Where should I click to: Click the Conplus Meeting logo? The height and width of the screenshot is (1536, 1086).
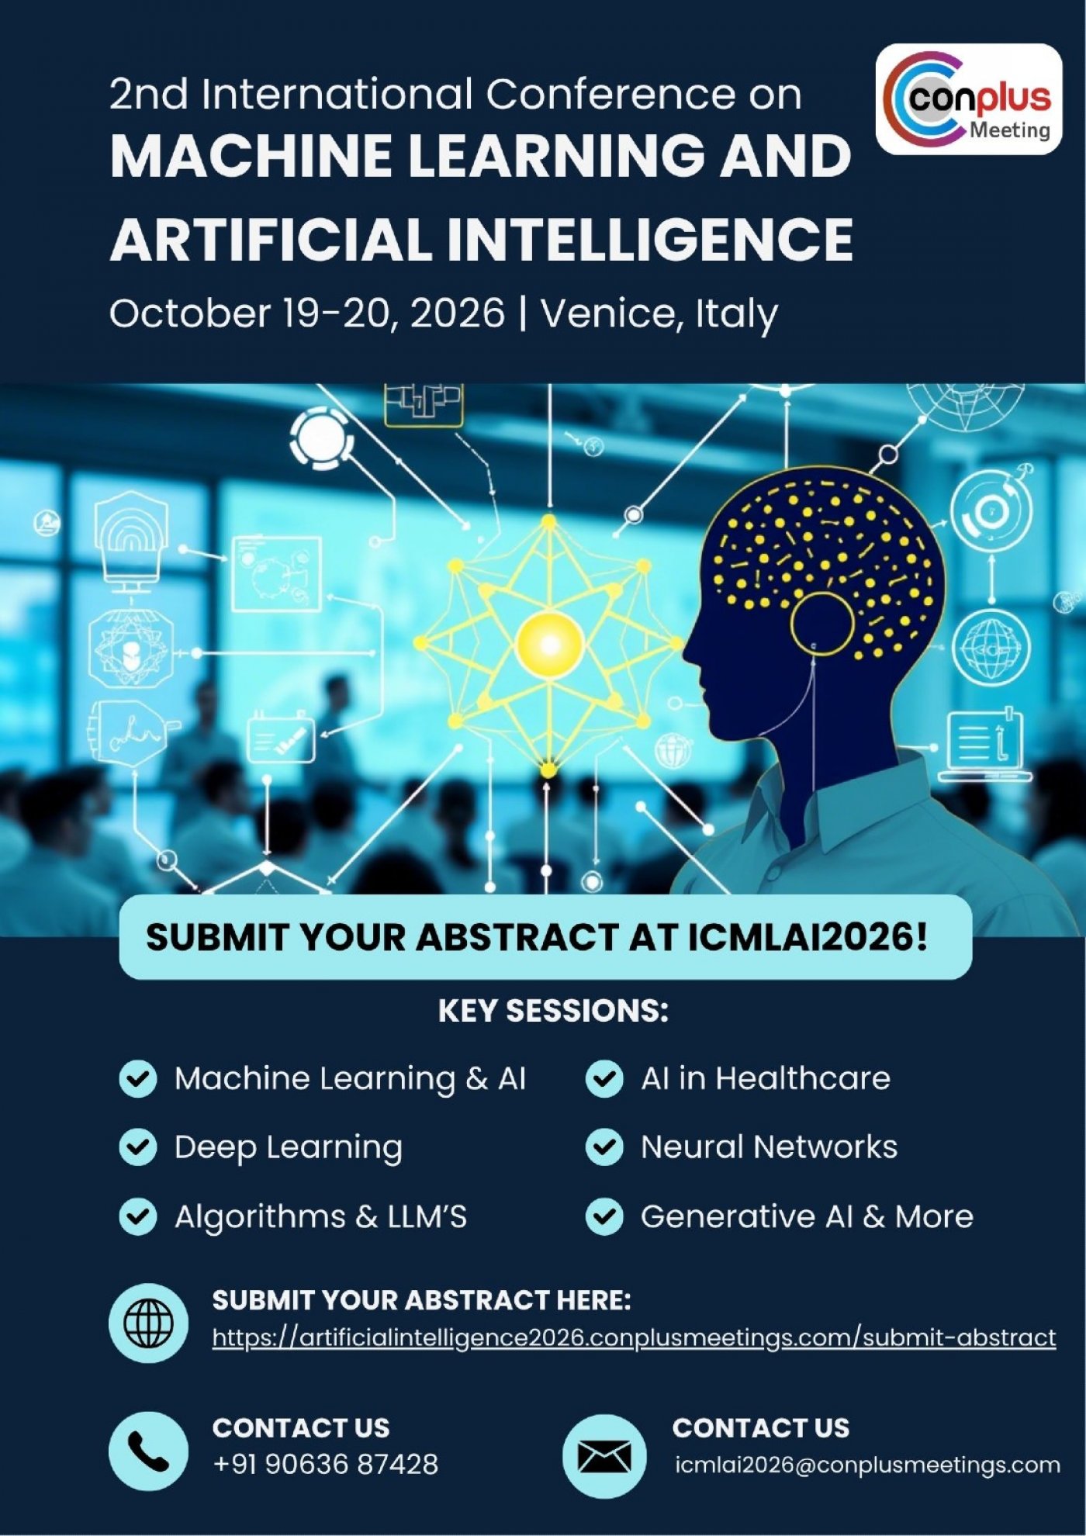969,99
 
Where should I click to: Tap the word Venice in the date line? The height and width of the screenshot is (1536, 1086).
608,313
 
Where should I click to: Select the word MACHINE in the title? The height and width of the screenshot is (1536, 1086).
251,155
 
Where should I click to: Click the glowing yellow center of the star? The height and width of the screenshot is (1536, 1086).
549,643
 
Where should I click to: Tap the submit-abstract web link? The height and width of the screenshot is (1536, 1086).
634,1338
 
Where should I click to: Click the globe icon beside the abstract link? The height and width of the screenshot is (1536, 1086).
149,1323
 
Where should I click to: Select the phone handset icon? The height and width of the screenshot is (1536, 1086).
149,1451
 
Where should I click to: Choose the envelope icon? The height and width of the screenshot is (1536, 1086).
604,1455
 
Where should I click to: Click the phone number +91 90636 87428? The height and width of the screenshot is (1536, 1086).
326,1464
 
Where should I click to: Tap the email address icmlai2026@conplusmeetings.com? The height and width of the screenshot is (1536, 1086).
867,1465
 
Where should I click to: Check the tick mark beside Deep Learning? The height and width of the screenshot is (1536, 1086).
138,1147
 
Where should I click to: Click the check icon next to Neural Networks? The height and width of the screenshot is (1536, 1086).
604,1147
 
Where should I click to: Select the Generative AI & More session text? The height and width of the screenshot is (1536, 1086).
807,1216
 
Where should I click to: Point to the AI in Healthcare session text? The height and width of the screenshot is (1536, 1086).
766,1078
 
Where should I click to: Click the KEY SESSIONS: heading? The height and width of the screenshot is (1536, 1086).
553,1011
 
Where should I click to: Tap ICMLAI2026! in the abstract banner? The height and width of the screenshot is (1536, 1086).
808,937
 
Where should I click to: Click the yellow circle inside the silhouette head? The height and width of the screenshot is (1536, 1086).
822,623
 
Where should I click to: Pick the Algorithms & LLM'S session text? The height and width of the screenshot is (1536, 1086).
320,1217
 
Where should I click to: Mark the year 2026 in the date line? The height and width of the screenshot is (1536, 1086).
457,313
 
